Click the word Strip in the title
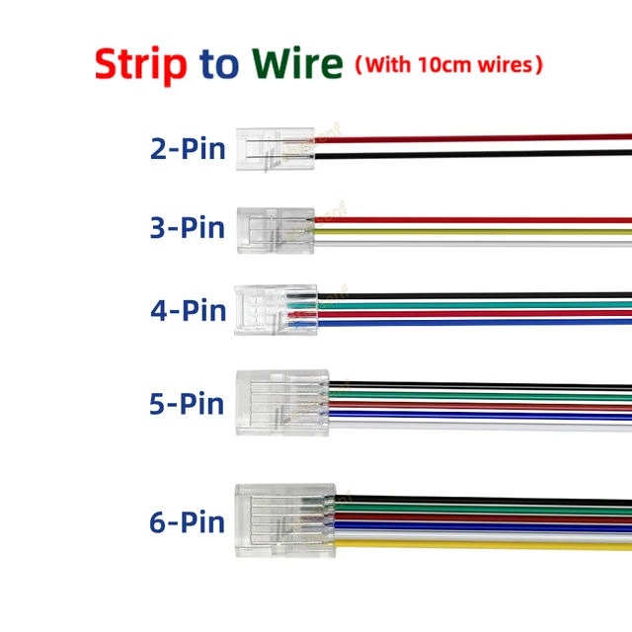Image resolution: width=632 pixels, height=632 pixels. point(140,64)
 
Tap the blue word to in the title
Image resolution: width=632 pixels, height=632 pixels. point(219,64)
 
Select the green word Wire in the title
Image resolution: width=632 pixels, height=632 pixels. point(296,64)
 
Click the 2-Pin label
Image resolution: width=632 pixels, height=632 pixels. point(188,149)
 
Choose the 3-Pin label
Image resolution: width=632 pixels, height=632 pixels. point(188,228)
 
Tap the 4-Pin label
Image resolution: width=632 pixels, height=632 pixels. point(188,310)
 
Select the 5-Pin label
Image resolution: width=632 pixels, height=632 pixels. point(188,403)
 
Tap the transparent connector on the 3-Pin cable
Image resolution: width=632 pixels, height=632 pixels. point(276,228)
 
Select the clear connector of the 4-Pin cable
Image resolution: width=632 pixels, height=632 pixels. point(276,309)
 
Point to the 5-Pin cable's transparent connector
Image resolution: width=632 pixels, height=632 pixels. point(282,403)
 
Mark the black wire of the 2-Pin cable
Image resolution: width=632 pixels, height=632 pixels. point(474,153)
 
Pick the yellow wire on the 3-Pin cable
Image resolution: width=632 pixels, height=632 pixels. point(474,232)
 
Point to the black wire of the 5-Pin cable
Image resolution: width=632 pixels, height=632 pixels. point(474,385)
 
